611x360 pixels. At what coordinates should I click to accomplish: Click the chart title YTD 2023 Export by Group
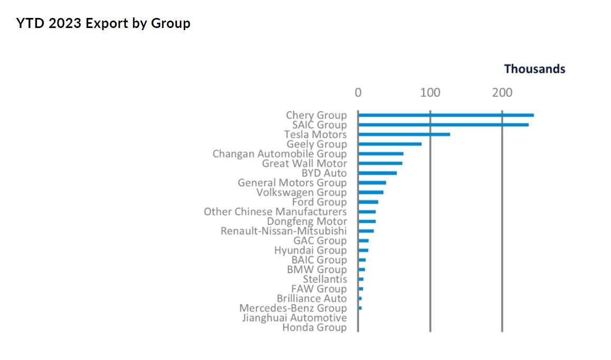pyautogui.click(x=103, y=24)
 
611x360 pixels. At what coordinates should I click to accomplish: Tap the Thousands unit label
pyautogui.click(x=534, y=69)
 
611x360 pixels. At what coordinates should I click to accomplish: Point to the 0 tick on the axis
pyautogui.click(x=358, y=93)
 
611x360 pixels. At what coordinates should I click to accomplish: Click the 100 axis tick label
pyautogui.click(x=430, y=93)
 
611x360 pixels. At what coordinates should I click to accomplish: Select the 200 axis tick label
pyautogui.click(x=502, y=93)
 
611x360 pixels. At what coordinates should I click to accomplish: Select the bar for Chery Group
pyautogui.click(x=446, y=115)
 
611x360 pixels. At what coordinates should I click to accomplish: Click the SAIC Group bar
pyautogui.click(x=443, y=125)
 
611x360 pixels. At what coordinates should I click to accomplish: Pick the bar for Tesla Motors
pyautogui.click(x=404, y=134)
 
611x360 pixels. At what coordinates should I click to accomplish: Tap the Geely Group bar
pyautogui.click(x=390, y=144)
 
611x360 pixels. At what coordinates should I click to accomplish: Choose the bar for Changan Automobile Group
pyautogui.click(x=381, y=154)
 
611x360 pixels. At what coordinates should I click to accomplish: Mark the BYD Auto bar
pyautogui.click(x=377, y=173)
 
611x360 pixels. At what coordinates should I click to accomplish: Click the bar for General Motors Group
pyautogui.click(x=372, y=183)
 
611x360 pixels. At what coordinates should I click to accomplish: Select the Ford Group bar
pyautogui.click(x=368, y=202)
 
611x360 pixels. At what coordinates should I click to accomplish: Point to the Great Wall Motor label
pyautogui.click(x=305, y=164)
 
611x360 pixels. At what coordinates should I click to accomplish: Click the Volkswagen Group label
pyautogui.click(x=302, y=193)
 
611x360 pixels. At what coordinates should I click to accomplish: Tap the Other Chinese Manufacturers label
pyautogui.click(x=275, y=212)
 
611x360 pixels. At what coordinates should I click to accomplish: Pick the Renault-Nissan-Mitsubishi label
pyautogui.click(x=284, y=231)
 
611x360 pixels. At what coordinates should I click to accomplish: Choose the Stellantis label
pyautogui.click(x=325, y=279)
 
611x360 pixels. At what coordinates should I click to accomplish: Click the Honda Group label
pyautogui.click(x=314, y=328)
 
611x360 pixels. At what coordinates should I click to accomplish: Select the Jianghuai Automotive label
pyautogui.click(x=294, y=318)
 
